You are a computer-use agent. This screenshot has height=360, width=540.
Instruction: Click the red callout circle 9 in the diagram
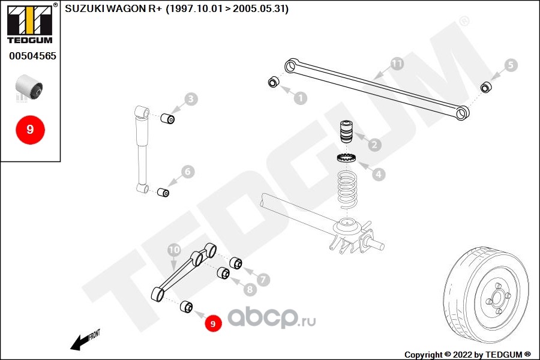213,323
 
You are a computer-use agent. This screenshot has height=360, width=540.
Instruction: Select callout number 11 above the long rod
396,63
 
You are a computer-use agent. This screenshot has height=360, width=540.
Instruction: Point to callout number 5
510,65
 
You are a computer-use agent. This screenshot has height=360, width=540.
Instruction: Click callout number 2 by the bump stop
374,145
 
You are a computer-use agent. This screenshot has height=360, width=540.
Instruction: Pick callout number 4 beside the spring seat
378,175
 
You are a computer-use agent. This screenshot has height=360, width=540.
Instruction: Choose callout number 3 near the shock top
190,99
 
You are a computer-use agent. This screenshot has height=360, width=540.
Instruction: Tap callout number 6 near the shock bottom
187,172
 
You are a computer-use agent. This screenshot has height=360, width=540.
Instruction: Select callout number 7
263,279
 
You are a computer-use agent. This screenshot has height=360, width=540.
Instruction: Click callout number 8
250,289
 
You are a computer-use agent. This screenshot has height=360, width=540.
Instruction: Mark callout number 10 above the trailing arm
174,249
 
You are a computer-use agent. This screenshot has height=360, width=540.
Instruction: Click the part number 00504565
32,56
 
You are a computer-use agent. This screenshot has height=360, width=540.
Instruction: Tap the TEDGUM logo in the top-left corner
29,23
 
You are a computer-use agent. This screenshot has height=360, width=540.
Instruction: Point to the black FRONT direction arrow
79,342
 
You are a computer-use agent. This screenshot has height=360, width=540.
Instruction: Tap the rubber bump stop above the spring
345,131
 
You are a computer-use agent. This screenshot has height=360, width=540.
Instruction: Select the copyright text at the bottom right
468,354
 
